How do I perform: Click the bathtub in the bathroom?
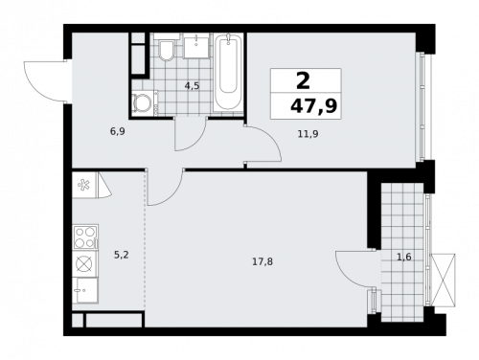pos(228,73)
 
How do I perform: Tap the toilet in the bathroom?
pos(166,50)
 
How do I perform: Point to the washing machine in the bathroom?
pos(143,103)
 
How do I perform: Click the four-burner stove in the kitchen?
pos(84,234)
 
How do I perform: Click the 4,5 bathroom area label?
pos(192,86)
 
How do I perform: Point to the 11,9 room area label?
pos(308,134)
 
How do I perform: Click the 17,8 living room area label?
pos(262,261)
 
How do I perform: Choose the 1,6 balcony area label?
pos(403,256)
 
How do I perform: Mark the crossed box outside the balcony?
pos(445,281)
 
